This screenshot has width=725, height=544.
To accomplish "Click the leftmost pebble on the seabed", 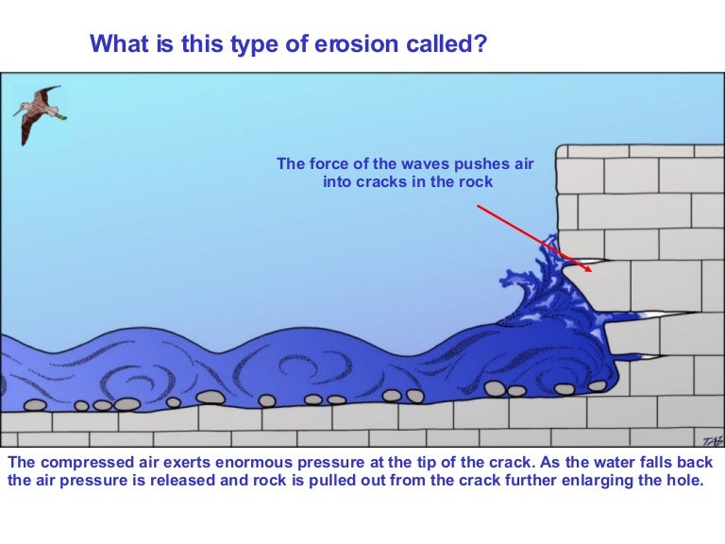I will [35, 405].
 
